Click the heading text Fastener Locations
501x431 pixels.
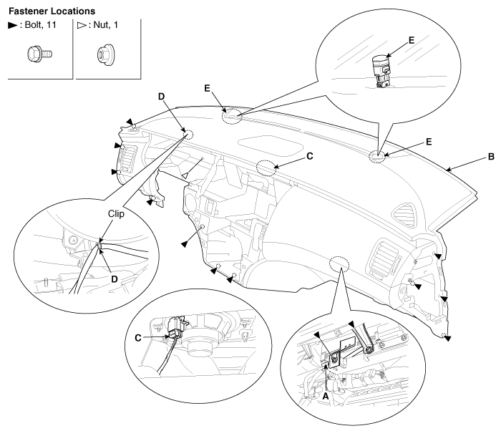[52, 11]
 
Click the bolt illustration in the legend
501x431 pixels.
[39, 54]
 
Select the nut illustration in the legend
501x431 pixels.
[106, 55]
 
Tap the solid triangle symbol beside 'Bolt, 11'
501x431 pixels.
[13, 25]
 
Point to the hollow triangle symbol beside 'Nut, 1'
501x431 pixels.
[82, 25]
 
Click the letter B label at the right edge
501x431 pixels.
[491, 157]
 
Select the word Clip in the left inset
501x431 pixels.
[116, 213]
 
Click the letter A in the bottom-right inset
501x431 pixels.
[325, 396]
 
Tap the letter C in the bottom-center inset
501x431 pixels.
[138, 338]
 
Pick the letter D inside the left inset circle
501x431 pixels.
[115, 279]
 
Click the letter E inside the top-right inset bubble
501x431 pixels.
[412, 40]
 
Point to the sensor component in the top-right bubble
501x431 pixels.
[381, 71]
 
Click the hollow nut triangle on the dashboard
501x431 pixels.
[185, 175]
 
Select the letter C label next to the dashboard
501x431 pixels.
[310, 156]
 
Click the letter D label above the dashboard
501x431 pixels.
[161, 97]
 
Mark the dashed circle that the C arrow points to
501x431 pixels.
[266, 168]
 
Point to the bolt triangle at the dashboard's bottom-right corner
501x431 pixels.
[447, 338]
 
